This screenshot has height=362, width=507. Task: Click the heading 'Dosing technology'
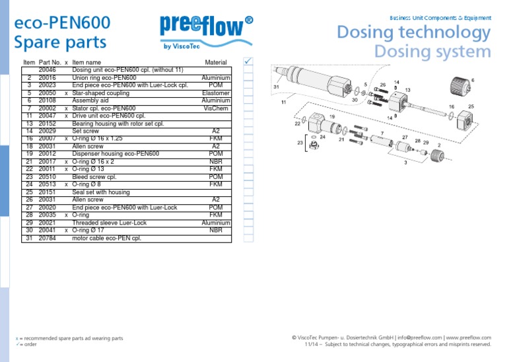pyautogui.click(x=414, y=32)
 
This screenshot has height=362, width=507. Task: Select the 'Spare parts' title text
pyautogui.click(x=60, y=42)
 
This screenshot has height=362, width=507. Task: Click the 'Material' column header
pyautogui.click(x=216, y=62)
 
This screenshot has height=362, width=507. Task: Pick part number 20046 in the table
pyautogui.click(x=48, y=69)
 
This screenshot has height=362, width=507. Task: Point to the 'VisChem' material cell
pyautogui.click(x=217, y=108)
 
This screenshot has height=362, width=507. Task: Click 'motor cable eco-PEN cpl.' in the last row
pyautogui.click(x=106, y=238)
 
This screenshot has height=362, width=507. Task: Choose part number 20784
pyautogui.click(x=48, y=238)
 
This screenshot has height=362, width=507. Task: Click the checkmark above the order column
pyautogui.click(x=248, y=61)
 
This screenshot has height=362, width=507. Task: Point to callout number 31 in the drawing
pyautogui.click(x=277, y=87)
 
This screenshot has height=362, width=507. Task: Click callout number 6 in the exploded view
pyautogui.click(x=473, y=79)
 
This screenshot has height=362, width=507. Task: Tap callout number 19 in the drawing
pyautogui.click(x=331, y=116)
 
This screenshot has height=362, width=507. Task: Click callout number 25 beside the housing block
pyautogui.click(x=471, y=106)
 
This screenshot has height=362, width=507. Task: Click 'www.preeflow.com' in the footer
pyautogui.click(x=469, y=337)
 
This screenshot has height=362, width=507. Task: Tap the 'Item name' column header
pyautogui.click(x=86, y=62)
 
